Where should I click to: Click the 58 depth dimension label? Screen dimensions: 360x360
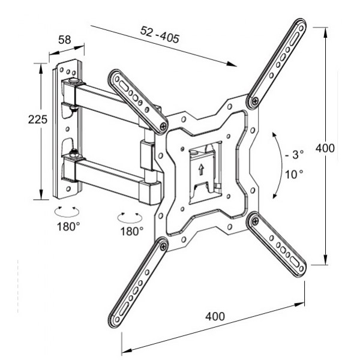65,40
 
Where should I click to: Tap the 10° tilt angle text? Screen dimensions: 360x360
294,174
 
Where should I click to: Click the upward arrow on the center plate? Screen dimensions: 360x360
200,169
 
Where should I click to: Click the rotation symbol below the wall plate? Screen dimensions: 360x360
65,211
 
